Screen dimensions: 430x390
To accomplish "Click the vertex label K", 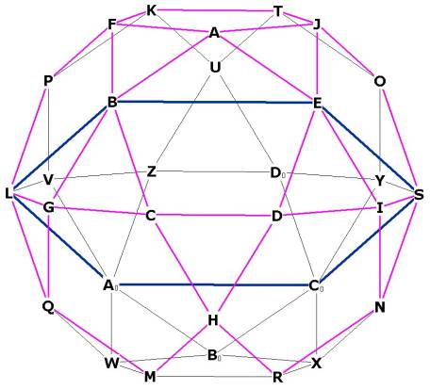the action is pos(151,11).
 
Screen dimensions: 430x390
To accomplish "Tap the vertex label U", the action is pos(215,67).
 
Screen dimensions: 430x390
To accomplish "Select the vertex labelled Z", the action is pos(151,172).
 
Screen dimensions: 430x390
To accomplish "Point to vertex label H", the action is pos(213,320).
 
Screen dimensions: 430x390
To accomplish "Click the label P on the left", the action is pos(47,81).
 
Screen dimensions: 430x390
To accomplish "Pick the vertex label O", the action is pos(380,81).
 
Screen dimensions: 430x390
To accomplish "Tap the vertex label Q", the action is pos(48,306).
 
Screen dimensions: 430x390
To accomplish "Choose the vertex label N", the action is pos(380,307).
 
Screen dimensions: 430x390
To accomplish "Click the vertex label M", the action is pos(150,377).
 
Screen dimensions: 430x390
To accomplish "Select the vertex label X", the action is pos(316,364).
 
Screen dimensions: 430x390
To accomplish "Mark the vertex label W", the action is pos(111,364).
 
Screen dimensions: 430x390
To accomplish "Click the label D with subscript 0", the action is pos(278,173).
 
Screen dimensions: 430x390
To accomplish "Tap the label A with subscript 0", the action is pos(110,285).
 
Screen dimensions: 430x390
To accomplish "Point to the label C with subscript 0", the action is pos(316,286).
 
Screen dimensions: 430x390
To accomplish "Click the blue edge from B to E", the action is pos(215,102).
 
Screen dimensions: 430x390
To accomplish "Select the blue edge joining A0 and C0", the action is pos(214,285).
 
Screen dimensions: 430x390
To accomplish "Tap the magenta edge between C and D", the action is pos(214,216).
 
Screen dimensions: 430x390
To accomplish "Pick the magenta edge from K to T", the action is pos(215,10).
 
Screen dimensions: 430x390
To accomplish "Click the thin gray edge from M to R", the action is pos(214,377).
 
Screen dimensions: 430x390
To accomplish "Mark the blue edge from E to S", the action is pos(369,148).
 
